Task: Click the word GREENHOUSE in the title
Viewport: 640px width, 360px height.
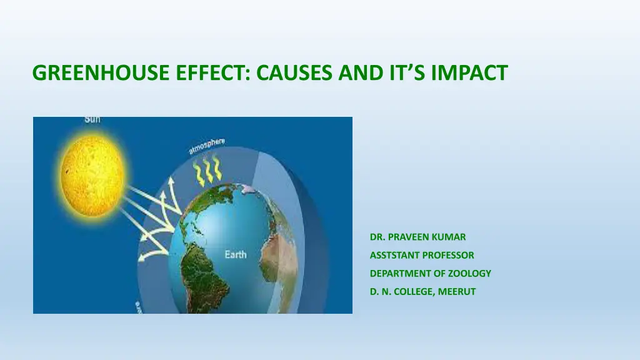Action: tap(101, 72)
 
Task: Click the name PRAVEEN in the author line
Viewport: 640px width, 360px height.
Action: tap(414, 237)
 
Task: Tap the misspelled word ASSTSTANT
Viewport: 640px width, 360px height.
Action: tap(394, 255)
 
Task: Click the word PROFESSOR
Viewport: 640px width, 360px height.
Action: tap(448, 255)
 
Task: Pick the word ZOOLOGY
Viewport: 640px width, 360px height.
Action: tap(469, 274)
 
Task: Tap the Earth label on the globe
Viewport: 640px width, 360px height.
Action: tap(236, 255)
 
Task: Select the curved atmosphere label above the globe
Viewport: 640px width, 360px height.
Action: tap(206, 146)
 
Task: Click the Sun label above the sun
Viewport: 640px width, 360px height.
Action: tap(92, 119)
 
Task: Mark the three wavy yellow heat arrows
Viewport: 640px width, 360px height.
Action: tap(207, 172)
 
